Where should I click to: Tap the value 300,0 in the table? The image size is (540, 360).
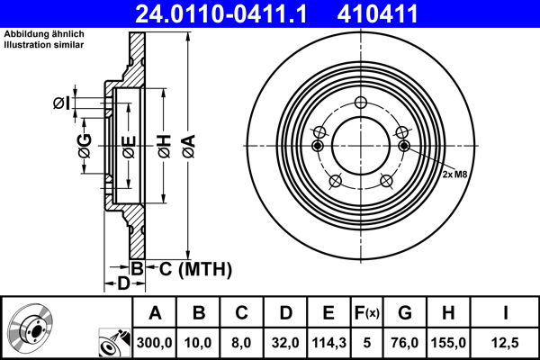155,341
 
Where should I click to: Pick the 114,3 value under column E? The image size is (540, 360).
328,341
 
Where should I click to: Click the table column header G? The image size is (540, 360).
404,313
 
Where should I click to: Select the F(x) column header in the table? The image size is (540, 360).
368,313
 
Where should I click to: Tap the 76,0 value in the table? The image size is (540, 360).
404,341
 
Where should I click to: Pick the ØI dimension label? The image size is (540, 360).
60,103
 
